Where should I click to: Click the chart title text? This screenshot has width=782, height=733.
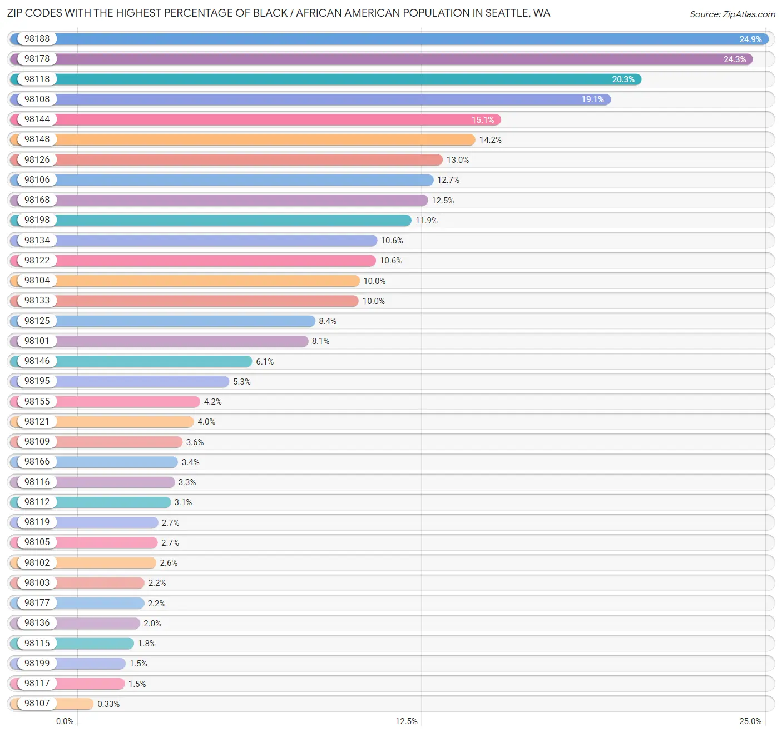(x=278, y=13)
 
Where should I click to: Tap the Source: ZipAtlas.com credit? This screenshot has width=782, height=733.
(x=732, y=14)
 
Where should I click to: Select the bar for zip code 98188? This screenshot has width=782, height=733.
(x=389, y=39)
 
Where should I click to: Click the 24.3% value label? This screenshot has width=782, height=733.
(x=734, y=59)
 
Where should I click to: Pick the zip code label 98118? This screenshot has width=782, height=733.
(x=37, y=79)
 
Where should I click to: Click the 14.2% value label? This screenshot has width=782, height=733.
(x=490, y=140)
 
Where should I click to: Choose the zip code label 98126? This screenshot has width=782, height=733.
(x=37, y=159)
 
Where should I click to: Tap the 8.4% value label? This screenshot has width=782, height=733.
(x=327, y=321)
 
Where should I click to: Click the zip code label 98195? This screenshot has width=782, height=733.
(x=37, y=381)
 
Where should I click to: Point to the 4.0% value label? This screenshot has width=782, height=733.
(x=206, y=422)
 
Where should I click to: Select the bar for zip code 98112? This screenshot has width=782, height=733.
(x=111, y=502)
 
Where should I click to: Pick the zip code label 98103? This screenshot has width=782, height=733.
(x=37, y=582)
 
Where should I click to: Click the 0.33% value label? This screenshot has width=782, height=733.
(x=108, y=704)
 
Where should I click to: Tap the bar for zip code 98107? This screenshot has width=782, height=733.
(x=75, y=704)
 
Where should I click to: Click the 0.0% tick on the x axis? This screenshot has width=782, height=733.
(x=65, y=721)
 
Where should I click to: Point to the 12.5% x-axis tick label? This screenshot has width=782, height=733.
(x=406, y=721)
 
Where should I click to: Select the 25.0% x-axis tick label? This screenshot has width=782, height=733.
(x=750, y=721)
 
